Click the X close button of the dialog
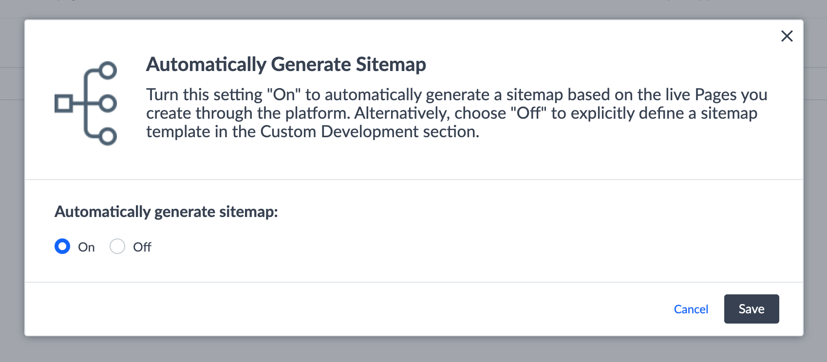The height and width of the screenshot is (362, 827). pos(787,36)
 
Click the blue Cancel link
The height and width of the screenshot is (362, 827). pos(691,309)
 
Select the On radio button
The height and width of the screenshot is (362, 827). pos(62,246)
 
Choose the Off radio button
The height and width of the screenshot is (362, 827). pos(117,246)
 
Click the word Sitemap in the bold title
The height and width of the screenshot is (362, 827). pos(391,65)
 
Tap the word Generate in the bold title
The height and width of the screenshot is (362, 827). pos(311,64)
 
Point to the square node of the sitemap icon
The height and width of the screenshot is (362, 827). pos(64,103)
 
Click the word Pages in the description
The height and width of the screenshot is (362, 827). pos(715,95)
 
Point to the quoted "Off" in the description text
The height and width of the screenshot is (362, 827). pos(528,113)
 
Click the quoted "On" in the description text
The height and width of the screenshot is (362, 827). pos(283,94)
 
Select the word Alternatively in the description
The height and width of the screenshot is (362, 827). pos(402,114)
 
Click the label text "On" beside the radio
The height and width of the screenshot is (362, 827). pos(86,247)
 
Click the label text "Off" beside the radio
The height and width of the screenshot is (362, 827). pos(142,247)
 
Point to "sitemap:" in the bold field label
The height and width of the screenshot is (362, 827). pos(248,212)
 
